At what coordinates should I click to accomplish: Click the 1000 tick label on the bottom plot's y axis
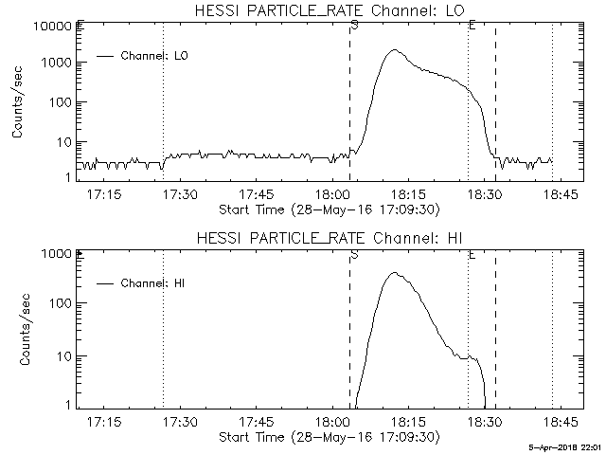click(58, 254)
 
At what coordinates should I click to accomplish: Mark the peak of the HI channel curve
click(394, 273)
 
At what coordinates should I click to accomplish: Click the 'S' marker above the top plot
click(353, 25)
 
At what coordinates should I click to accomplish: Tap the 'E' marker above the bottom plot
click(472, 253)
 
